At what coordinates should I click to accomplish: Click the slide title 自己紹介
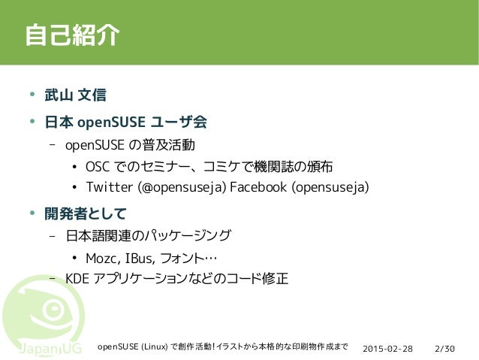[72, 35]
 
